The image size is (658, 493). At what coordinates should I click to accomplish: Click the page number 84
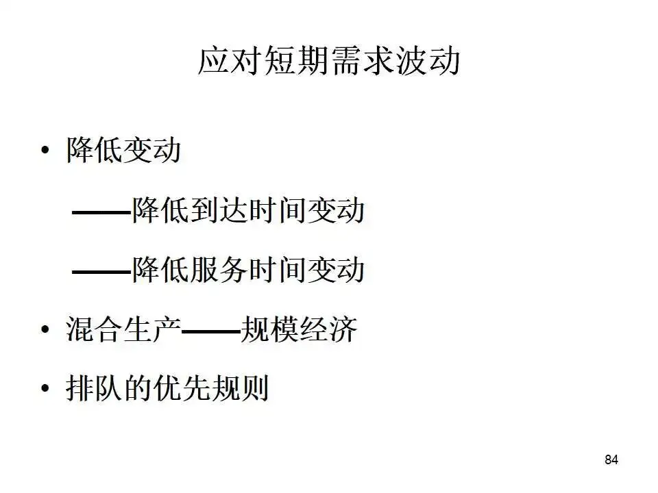(x=611, y=459)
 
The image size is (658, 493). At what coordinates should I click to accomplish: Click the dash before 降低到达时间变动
(x=101, y=213)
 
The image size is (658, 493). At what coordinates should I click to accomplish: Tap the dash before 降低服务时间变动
(x=101, y=273)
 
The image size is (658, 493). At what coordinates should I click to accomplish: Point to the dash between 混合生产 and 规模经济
(x=211, y=332)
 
